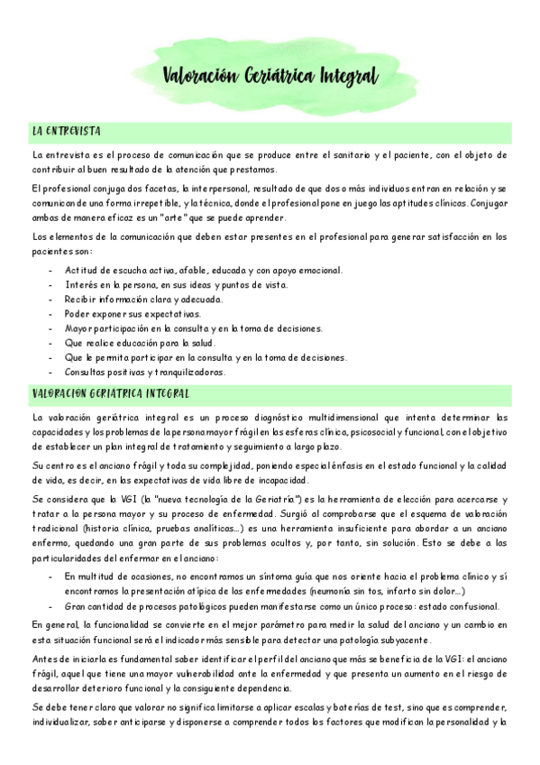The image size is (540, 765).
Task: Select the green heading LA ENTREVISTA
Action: [x=66, y=132]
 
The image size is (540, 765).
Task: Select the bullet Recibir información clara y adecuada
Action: [x=143, y=299]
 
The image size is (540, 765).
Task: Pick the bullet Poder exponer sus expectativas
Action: [x=133, y=313]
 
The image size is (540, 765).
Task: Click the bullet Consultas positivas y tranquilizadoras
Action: [x=144, y=372]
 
